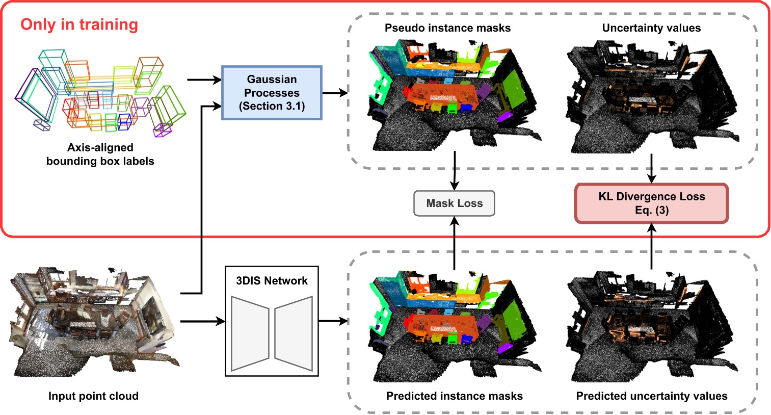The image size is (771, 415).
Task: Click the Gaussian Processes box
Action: coord(272,93)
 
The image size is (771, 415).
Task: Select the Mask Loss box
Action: coord(454,203)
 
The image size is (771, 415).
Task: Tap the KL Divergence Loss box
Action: coord(651,203)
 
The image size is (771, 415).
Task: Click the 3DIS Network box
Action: coord(272,321)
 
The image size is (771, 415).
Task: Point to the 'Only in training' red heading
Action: coord(79,24)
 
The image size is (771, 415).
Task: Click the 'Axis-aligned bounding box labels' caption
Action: coord(100,154)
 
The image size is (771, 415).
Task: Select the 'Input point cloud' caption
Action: coord(93,396)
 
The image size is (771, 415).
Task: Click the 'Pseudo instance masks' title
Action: coord(447,28)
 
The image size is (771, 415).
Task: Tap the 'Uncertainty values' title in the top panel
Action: coord(651,28)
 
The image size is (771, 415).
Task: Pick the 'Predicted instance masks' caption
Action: coord(454,396)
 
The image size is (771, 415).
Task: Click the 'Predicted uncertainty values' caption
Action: coord(651,396)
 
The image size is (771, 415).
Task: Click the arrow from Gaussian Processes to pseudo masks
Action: coord(335,93)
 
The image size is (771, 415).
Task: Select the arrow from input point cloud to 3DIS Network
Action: coord(203,321)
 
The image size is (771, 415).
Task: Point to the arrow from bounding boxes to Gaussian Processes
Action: coord(204,80)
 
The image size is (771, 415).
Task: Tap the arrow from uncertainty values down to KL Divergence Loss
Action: coord(651,168)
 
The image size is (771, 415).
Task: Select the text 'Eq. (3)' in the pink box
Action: coord(651,210)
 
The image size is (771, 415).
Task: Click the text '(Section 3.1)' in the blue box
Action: coord(272,106)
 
